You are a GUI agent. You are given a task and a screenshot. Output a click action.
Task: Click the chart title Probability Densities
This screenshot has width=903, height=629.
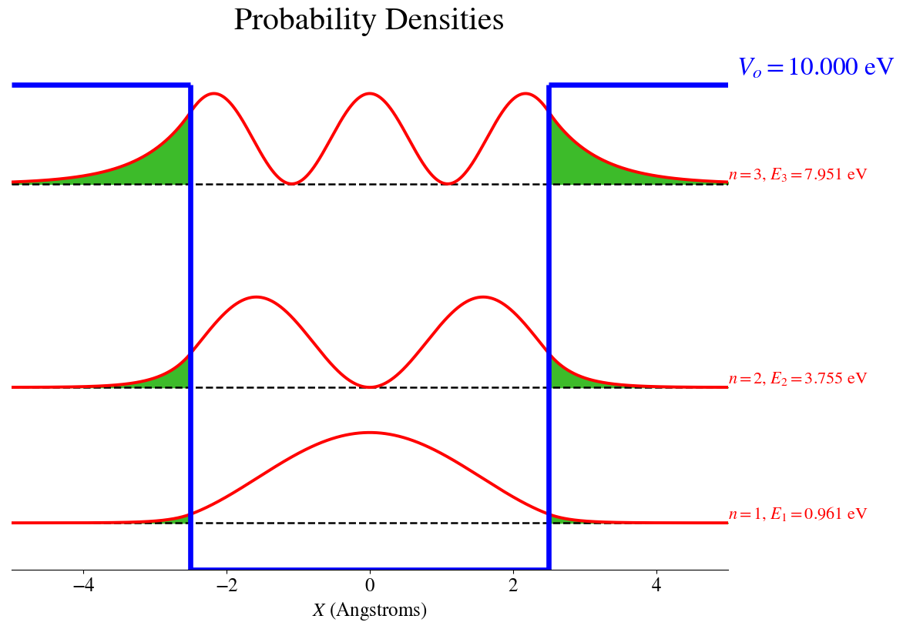click(368, 21)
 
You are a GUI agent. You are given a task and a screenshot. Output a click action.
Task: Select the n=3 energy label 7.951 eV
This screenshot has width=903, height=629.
click(797, 175)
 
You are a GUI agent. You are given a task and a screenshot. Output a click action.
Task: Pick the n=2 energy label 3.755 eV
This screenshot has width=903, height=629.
click(797, 378)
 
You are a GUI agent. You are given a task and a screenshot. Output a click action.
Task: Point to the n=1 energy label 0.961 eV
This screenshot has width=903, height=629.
click(797, 514)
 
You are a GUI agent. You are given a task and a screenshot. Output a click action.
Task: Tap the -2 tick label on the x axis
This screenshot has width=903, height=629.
click(227, 584)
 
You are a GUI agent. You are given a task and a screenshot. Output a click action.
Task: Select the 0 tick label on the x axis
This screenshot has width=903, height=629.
click(370, 584)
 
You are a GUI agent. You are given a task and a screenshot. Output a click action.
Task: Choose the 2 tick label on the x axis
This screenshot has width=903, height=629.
click(513, 584)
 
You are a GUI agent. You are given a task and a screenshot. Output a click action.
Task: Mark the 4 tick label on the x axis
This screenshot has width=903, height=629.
click(656, 584)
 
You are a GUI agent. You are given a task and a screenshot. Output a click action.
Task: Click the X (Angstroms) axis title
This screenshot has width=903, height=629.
click(369, 611)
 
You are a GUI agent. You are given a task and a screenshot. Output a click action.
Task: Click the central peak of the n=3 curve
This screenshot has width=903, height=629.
click(370, 94)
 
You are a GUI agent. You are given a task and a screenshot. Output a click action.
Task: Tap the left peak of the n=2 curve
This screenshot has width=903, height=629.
click(256, 297)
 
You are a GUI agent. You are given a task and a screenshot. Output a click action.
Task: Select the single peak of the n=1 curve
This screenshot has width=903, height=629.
click(370, 433)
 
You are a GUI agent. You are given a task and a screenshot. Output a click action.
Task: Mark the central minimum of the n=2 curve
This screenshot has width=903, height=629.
click(370, 386)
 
